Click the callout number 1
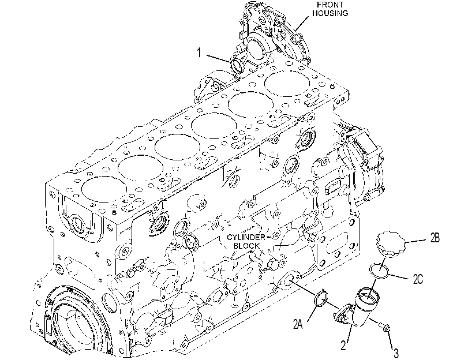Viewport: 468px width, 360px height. point(199,53)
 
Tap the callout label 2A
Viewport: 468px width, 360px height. point(298,324)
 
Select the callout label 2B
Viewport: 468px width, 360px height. point(435,238)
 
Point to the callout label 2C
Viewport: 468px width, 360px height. point(418,279)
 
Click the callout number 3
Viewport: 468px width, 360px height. point(396,354)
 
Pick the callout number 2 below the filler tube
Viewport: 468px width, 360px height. point(343,346)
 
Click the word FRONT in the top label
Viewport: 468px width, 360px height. point(330,5)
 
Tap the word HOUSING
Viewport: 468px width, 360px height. point(330,13)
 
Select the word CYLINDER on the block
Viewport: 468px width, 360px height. point(246,237)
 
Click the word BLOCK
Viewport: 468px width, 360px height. point(247,246)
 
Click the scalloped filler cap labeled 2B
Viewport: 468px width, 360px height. point(392,243)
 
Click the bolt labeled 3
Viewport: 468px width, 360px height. point(384,328)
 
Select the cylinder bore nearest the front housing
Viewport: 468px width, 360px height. point(287,84)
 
